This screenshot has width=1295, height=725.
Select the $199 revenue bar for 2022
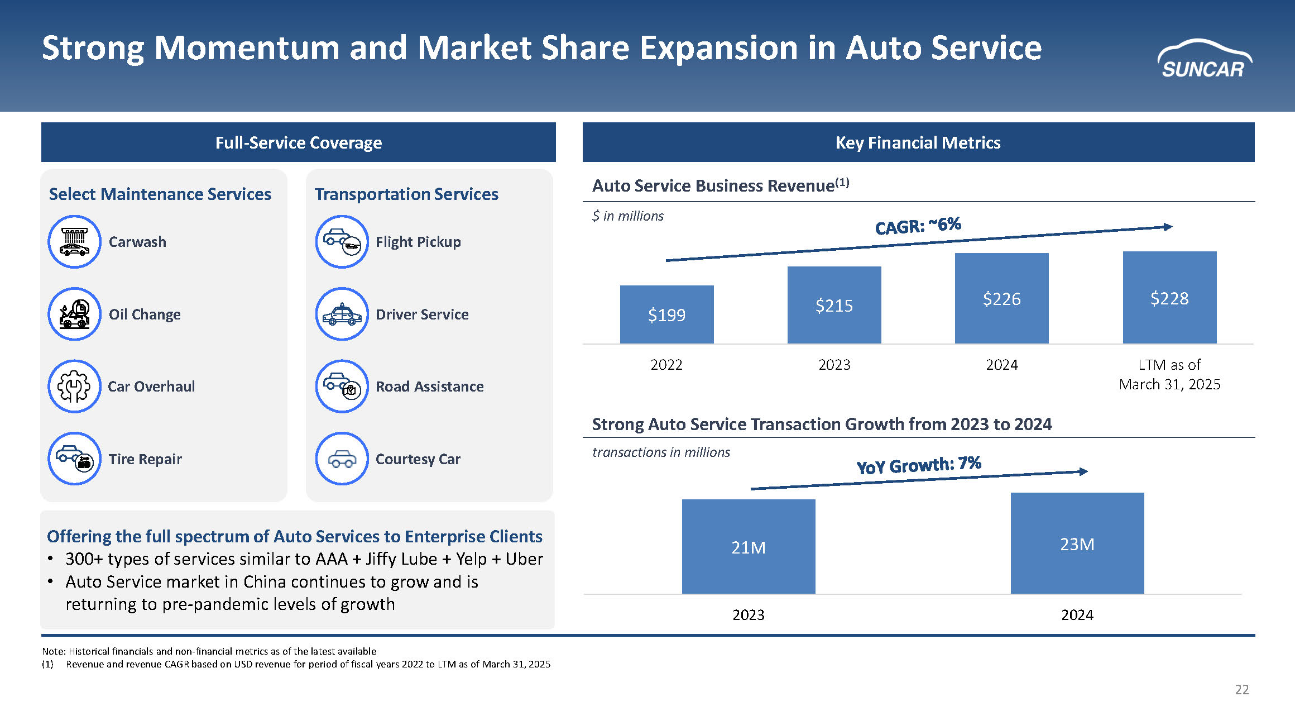(x=666, y=314)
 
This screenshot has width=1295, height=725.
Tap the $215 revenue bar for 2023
(x=834, y=305)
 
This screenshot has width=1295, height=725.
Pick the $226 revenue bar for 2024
(x=1001, y=298)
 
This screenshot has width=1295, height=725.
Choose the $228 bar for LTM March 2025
(x=1169, y=298)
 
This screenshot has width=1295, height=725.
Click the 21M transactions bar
(x=748, y=547)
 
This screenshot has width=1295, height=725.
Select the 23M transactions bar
(x=1077, y=543)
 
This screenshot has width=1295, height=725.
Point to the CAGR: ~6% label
(x=918, y=226)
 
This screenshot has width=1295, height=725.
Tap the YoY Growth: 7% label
(x=919, y=465)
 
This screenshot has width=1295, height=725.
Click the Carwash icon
(x=74, y=242)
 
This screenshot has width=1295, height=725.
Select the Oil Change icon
(x=74, y=314)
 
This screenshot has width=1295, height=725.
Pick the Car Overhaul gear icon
(x=74, y=386)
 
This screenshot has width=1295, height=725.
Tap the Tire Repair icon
(x=74, y=459)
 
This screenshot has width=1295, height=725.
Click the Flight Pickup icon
(x=342, y=242)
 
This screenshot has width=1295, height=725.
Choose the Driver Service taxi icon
(x=342, y=314)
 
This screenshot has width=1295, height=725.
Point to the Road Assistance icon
(x=342, y=386)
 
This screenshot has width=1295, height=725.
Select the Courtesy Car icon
(x=342, y=459)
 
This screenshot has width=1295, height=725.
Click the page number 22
(x=1241, y=690)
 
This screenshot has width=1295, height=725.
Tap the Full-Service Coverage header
(x=299, y=142)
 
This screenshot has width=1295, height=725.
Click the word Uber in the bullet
(x=524, y=559)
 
